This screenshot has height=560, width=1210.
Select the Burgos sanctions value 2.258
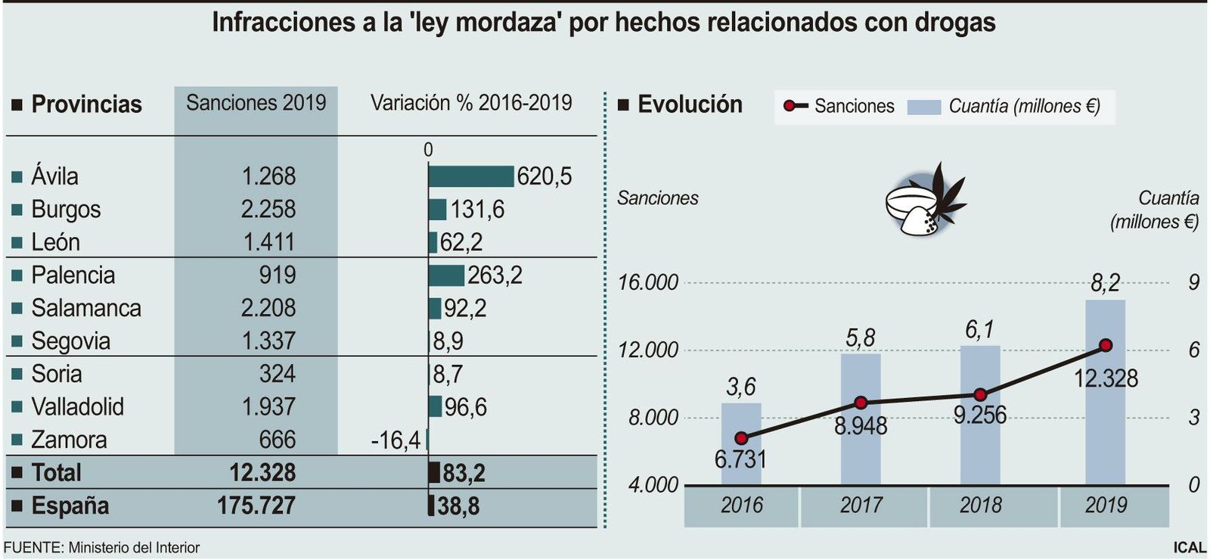click(x=268, y=210)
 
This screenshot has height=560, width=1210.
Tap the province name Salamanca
click(x=86, y=308)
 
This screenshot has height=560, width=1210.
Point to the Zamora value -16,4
click(x=396, y=440)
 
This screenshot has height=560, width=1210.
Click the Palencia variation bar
click(x=446, y=275)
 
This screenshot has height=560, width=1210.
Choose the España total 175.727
click(x=256, y=506)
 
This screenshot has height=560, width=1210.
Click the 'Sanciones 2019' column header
click(x=256, y=103)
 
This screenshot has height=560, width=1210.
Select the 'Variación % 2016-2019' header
click(x=471, y=103)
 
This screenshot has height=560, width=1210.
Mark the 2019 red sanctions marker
click(x=1106, y=345)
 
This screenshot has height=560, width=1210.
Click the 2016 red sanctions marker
click(x=741, y=438)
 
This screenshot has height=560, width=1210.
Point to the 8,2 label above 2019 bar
click(x=1105, y=284)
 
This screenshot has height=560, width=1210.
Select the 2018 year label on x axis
click(x=980, y=506)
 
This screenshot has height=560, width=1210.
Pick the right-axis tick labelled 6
click(x=1193, y=350)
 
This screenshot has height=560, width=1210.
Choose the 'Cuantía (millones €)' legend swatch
click(x=923, y=107)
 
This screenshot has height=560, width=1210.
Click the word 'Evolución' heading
click(x=690, y=104)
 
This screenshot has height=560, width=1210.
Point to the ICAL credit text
click(x=1190, y=547)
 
